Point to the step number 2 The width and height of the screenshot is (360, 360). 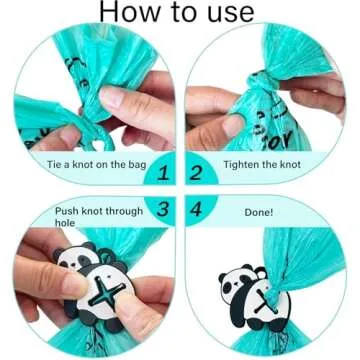[197, 173]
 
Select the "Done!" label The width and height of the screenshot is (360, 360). [260, 212]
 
